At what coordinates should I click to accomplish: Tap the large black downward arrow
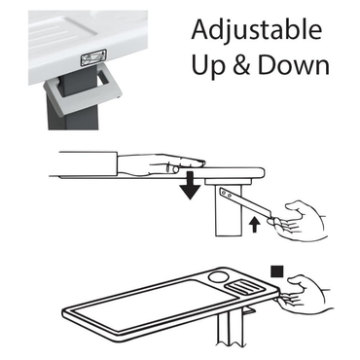coord(192,185)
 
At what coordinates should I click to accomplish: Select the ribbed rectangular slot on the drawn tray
coord(246,288)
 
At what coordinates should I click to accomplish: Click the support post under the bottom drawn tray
coord(233,335)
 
